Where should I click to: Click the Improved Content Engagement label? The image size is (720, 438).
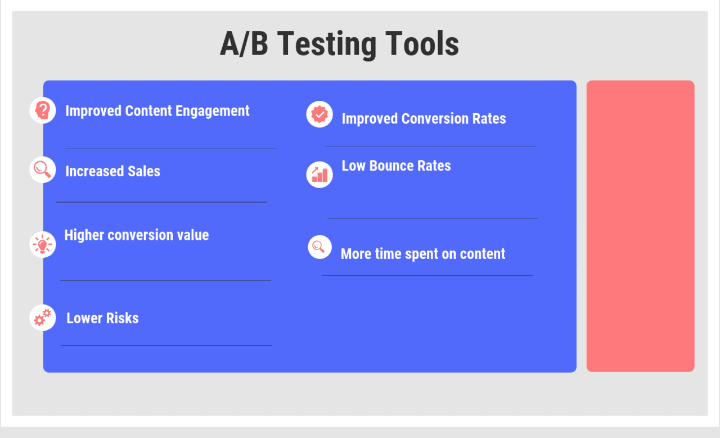(157, 111)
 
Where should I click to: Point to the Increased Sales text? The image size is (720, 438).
(112, 171)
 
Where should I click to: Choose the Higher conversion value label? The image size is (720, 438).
(136, 235)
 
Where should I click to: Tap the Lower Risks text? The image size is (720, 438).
(102, 318)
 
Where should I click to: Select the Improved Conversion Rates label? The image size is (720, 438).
(424, 119)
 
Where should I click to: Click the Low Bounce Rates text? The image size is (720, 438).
(396, 166)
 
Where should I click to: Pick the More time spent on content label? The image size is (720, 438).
(422, 254)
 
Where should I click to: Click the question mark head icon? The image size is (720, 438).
(43, 110)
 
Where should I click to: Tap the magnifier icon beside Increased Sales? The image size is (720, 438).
(43, 169)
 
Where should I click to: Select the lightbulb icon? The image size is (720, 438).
(43, 244)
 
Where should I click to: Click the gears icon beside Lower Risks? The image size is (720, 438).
(43, 318)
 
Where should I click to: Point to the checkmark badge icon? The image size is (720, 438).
(319, 114)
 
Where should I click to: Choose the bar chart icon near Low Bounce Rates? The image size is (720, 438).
(319, 174)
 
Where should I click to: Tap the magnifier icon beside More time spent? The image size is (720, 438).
(319, 247)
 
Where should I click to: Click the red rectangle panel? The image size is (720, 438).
(640, 226)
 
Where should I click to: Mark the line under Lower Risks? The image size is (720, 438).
(166, 346)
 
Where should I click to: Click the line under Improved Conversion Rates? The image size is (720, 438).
(430, 146)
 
